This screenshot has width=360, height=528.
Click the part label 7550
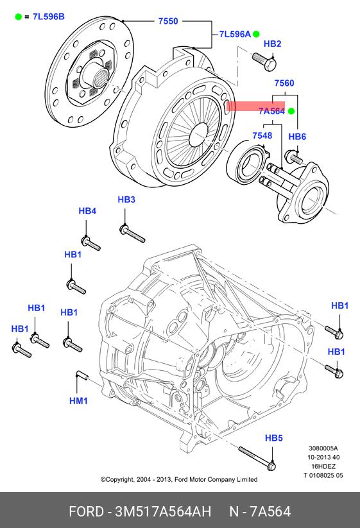pos(168,21)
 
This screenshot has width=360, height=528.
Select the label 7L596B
pos(49,17)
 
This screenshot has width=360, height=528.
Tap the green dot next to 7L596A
pos(256,33)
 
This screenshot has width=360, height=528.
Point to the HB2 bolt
pos(264,62)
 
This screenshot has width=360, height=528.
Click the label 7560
pos(284,83)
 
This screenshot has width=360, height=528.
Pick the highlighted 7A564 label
pos(272,111)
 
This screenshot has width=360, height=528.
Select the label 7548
pos(262,135)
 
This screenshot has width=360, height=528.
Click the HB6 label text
pos(297,137)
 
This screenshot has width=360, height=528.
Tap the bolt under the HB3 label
pos(132,234)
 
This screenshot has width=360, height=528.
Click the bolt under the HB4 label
pos(91,243)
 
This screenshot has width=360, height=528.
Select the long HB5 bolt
pos(257,458)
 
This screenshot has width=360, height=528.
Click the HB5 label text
pos(274,438)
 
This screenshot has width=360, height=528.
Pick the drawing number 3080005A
pos(323,448)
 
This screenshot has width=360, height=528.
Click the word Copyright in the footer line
pos(119,479)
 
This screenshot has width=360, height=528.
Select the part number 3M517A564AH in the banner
pos(163,511)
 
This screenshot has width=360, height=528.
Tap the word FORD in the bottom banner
pos(86,511)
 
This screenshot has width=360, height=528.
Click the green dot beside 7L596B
pos(19,17)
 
